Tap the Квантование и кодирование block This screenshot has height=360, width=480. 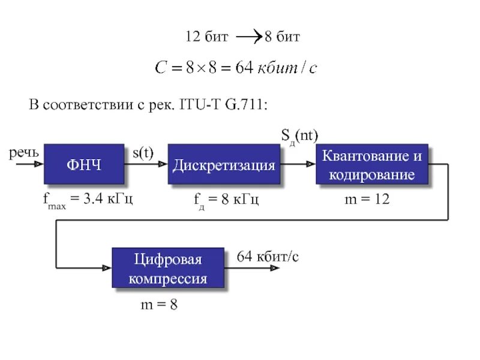click(372, 165)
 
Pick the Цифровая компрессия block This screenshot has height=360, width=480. click(168, 269)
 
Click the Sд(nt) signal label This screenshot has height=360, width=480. click(299, 137)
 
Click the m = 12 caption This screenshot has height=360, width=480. click(367, 199)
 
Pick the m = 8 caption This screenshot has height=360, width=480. click(159, 305)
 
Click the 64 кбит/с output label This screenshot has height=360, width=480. click(268, 257)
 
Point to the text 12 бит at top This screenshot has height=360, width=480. click(207, 38)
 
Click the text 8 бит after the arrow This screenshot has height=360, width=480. click(282, 38)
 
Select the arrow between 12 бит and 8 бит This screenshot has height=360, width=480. click(248, 38)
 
